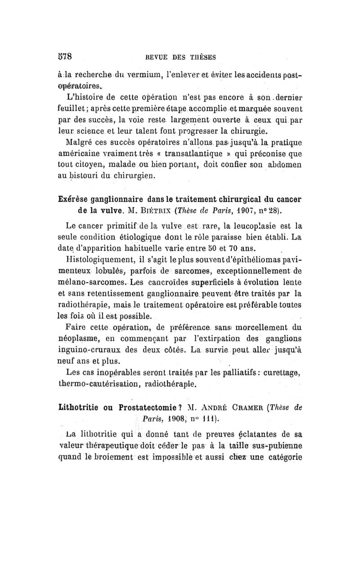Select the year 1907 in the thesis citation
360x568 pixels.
265,209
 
